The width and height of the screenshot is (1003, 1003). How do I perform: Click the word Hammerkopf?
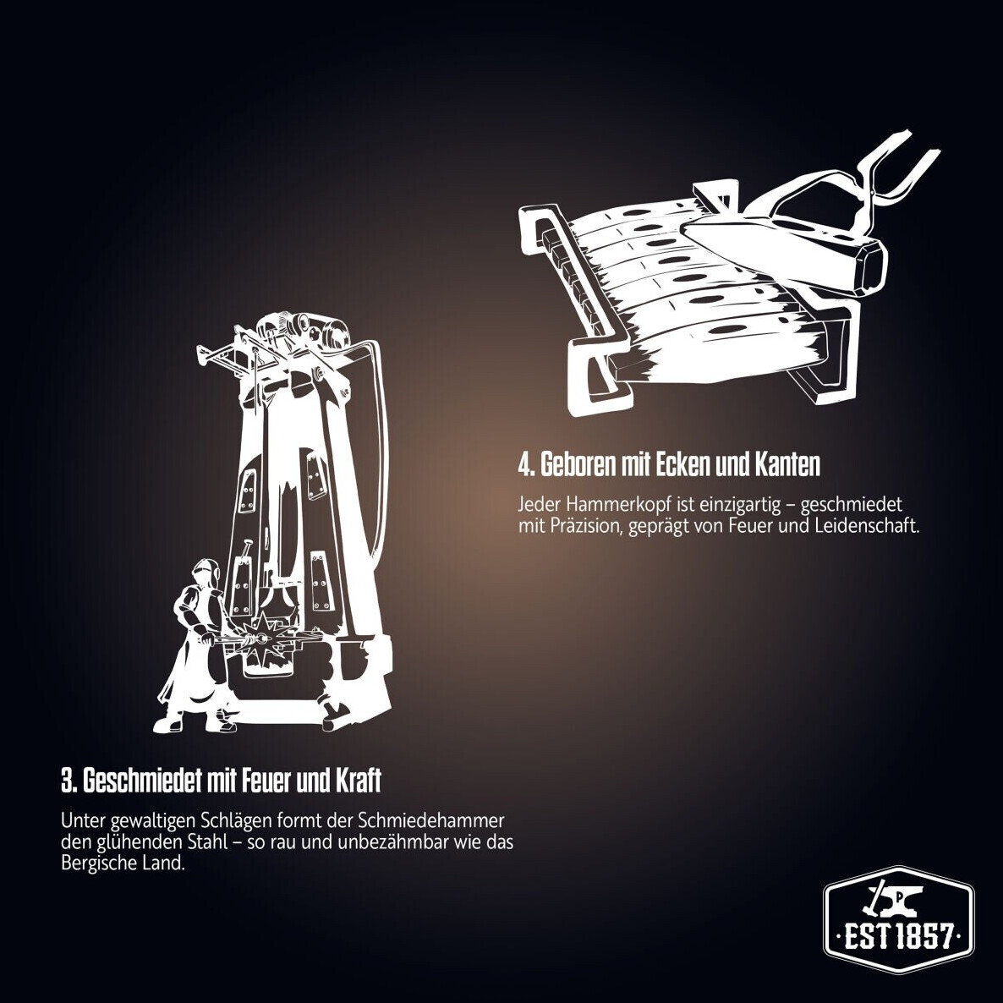tap(619, 506)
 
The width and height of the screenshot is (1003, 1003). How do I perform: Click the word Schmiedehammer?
tap(431, 820)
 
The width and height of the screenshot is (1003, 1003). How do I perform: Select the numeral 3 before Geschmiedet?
tap(68, 781)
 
